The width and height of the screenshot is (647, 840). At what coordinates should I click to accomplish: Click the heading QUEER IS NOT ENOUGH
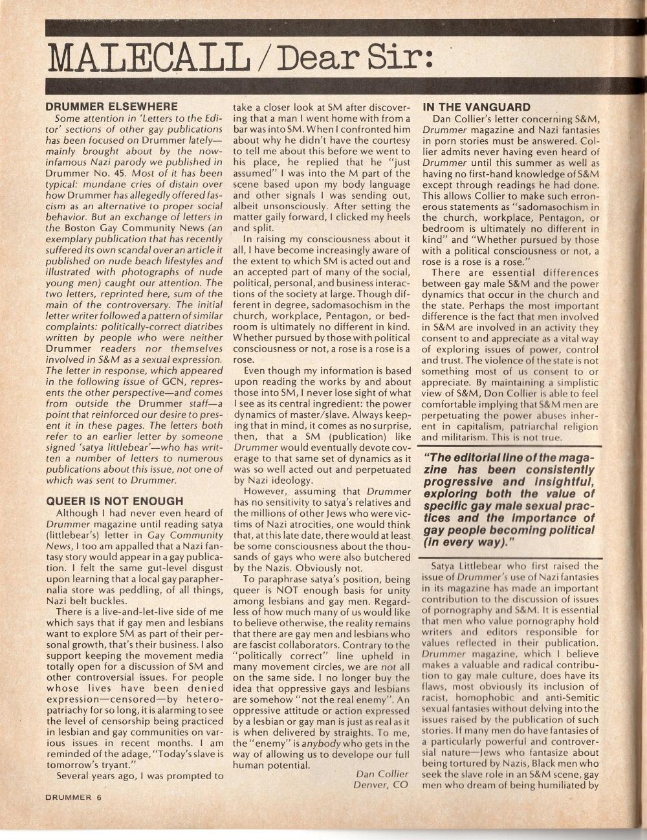coord(115,501)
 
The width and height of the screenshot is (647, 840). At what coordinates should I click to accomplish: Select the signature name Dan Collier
coord(382,774)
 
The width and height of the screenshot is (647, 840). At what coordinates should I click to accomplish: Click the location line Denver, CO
coord(381,786)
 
